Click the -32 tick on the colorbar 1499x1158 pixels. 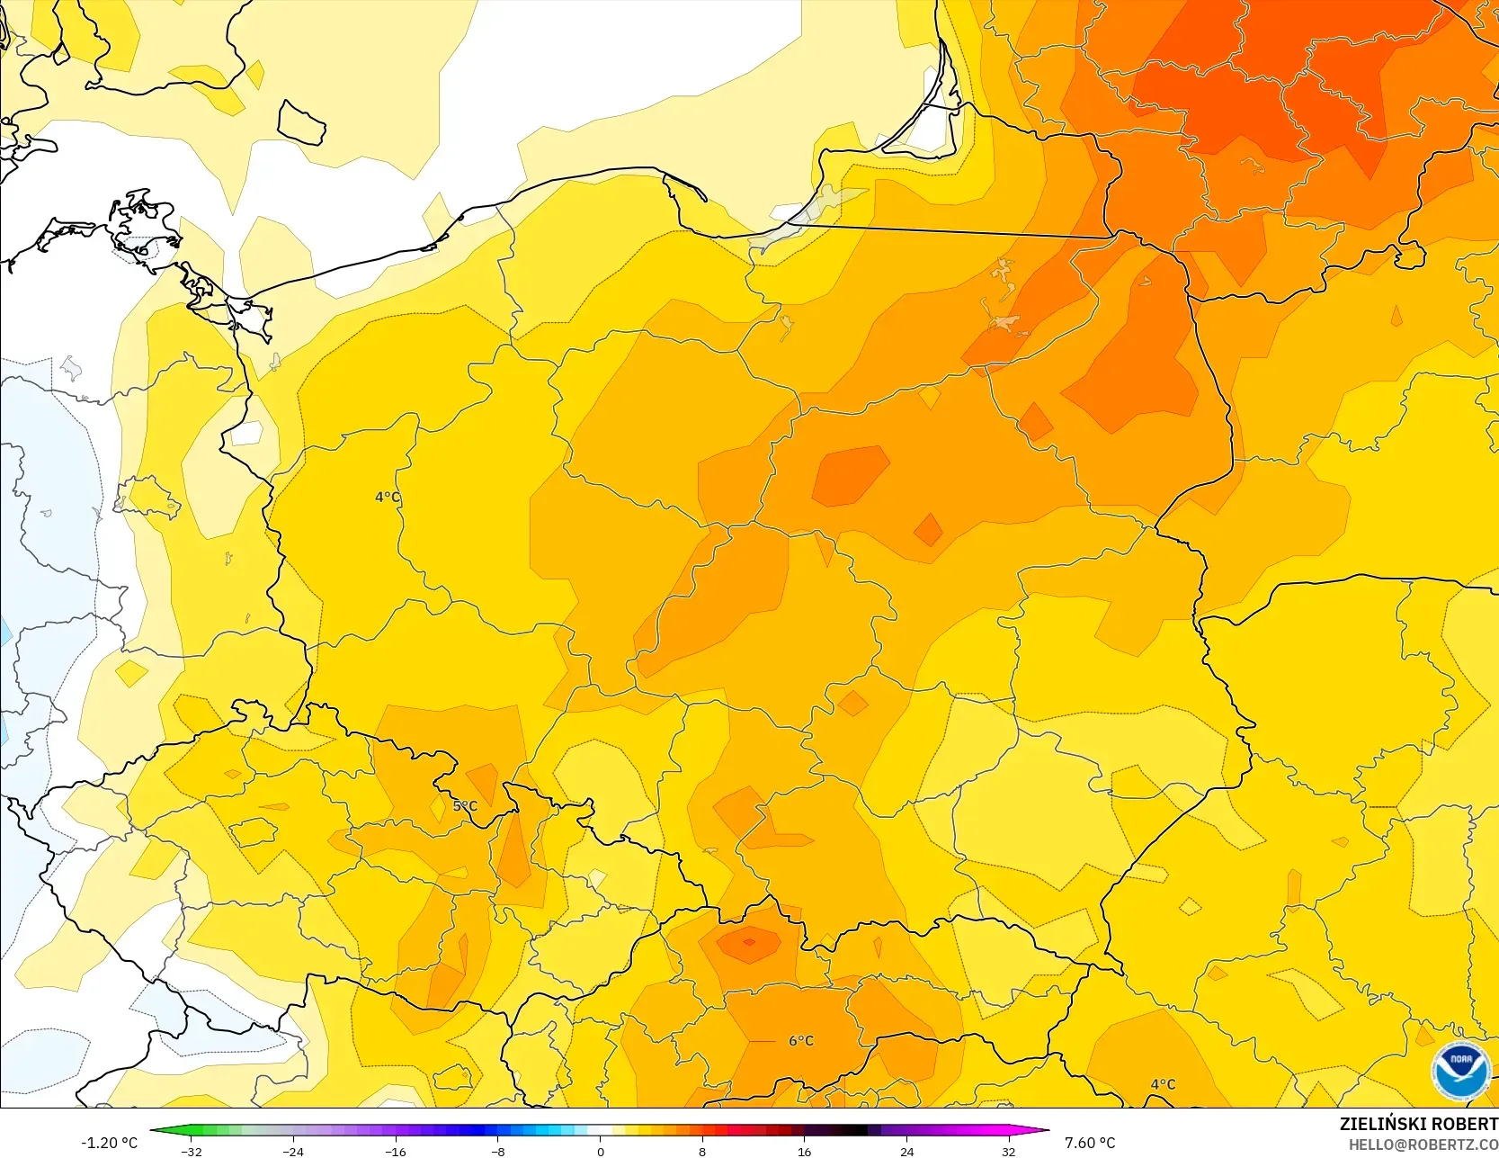click(x=192, y=1151)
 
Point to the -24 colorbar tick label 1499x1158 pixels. click(x=293, y=1151)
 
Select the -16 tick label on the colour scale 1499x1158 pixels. click(x=396, y=1151)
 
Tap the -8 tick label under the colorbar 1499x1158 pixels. click(x=498, y=1151)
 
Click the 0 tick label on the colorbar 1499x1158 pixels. click(x=601, y=1151)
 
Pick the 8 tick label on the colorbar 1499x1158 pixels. click(x=702, y=1151)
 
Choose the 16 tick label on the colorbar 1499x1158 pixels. click(x=804, y=1151)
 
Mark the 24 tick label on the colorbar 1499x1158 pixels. click(x=906, y=1151)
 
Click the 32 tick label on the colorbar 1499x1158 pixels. click(x=1008, y=1151)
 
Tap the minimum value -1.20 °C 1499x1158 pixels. click(x=109, y=1143)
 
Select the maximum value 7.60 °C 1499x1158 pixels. click(x=1090, y=1143)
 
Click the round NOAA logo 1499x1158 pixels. click(x=1461, y=1070)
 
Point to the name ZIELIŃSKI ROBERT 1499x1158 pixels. click(x=1418, y=1124)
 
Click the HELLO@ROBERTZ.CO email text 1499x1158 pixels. click(x=1423, y=1145)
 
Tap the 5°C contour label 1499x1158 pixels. click(x=465, y=805)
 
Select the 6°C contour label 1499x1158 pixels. click(x=801, y=1040)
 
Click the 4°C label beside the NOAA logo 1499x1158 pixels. click(x=1163, y=1084)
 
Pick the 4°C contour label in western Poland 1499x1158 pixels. click(x=388, y=497)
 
